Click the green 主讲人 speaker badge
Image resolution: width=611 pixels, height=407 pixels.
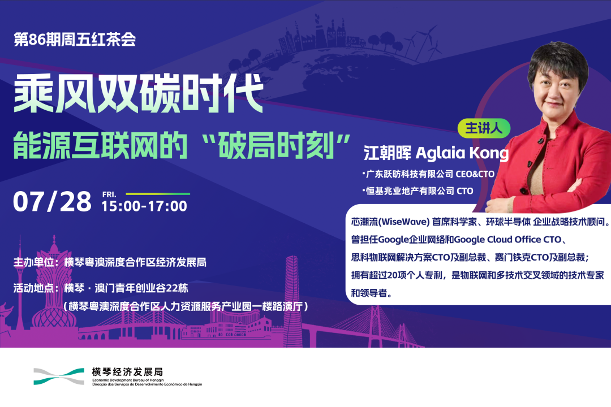coord(484,128)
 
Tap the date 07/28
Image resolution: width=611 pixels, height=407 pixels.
coord(52,202)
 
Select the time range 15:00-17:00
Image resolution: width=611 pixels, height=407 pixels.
coord(144,206)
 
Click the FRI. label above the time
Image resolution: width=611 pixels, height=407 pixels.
coord(109,194)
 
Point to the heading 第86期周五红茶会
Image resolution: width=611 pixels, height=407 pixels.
coord(75,40)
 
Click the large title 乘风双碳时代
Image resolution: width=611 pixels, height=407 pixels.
coord(139,93)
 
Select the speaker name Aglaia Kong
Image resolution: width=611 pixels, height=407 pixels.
coord(462,153)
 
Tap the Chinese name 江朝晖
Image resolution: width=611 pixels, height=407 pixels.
coord(388,153)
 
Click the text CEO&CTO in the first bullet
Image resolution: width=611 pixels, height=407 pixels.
coord(475,174)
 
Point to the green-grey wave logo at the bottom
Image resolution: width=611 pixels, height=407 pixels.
coord(59,376)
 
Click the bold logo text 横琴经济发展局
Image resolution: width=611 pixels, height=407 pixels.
coord(127,371)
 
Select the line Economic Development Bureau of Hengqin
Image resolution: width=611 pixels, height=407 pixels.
coord(128,380)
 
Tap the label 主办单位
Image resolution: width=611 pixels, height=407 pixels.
coord(33,262)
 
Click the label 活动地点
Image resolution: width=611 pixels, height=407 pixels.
coord(33,288)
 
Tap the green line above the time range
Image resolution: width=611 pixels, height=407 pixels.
coord(158,193)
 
